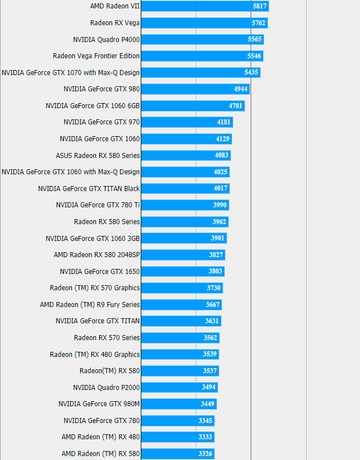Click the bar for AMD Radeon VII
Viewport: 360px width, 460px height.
tap(205, 6)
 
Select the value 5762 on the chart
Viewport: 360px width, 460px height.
tap(259, 23)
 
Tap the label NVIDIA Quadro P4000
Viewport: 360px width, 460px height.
tap(107, 40)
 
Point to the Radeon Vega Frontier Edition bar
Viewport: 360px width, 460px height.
tap(202, 56)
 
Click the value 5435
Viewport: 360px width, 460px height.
tap(251, 73)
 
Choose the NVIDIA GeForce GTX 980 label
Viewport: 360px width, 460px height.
tap(101, 89)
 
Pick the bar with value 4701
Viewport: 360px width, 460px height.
tap(192, 106)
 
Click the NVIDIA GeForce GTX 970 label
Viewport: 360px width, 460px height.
tap(101, 122)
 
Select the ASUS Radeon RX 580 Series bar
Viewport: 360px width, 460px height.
tap(186, 155)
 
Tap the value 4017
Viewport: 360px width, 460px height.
tap(220, 189)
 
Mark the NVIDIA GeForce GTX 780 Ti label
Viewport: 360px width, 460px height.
tap(98, 205)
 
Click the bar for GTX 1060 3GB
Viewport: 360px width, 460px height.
tap(183, 238)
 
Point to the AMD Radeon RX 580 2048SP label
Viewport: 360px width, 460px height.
tap(96, 255)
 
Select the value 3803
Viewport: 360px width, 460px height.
tap(215, 271)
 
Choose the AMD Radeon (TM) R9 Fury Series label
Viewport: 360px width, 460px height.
tap(90, 305)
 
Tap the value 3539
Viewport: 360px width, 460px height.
tap(210, 354)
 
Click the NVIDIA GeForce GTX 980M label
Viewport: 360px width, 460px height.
tap(99, 404)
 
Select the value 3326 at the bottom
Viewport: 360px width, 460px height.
tap(205, 453)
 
